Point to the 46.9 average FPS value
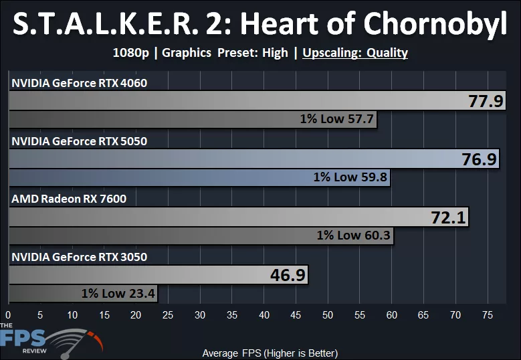[x=288, y=275]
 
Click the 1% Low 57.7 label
[x=338, y=120]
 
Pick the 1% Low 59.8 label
[x=350, y=178]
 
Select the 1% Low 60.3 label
[x=354, y=236]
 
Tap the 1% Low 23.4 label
[x=118, y=293]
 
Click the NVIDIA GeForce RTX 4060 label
[x=79, y=83]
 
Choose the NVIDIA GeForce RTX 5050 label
[x=79, y=141]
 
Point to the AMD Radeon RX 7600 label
[x=69, y=199]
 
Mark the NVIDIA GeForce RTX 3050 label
[x=79, y=257]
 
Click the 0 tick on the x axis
[x=8, y=314]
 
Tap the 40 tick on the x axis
[x=264, y=314]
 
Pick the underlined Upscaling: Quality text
[x=355, y=52]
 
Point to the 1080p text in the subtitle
[x=132, y=52]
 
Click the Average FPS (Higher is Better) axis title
[x=270, y=353]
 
